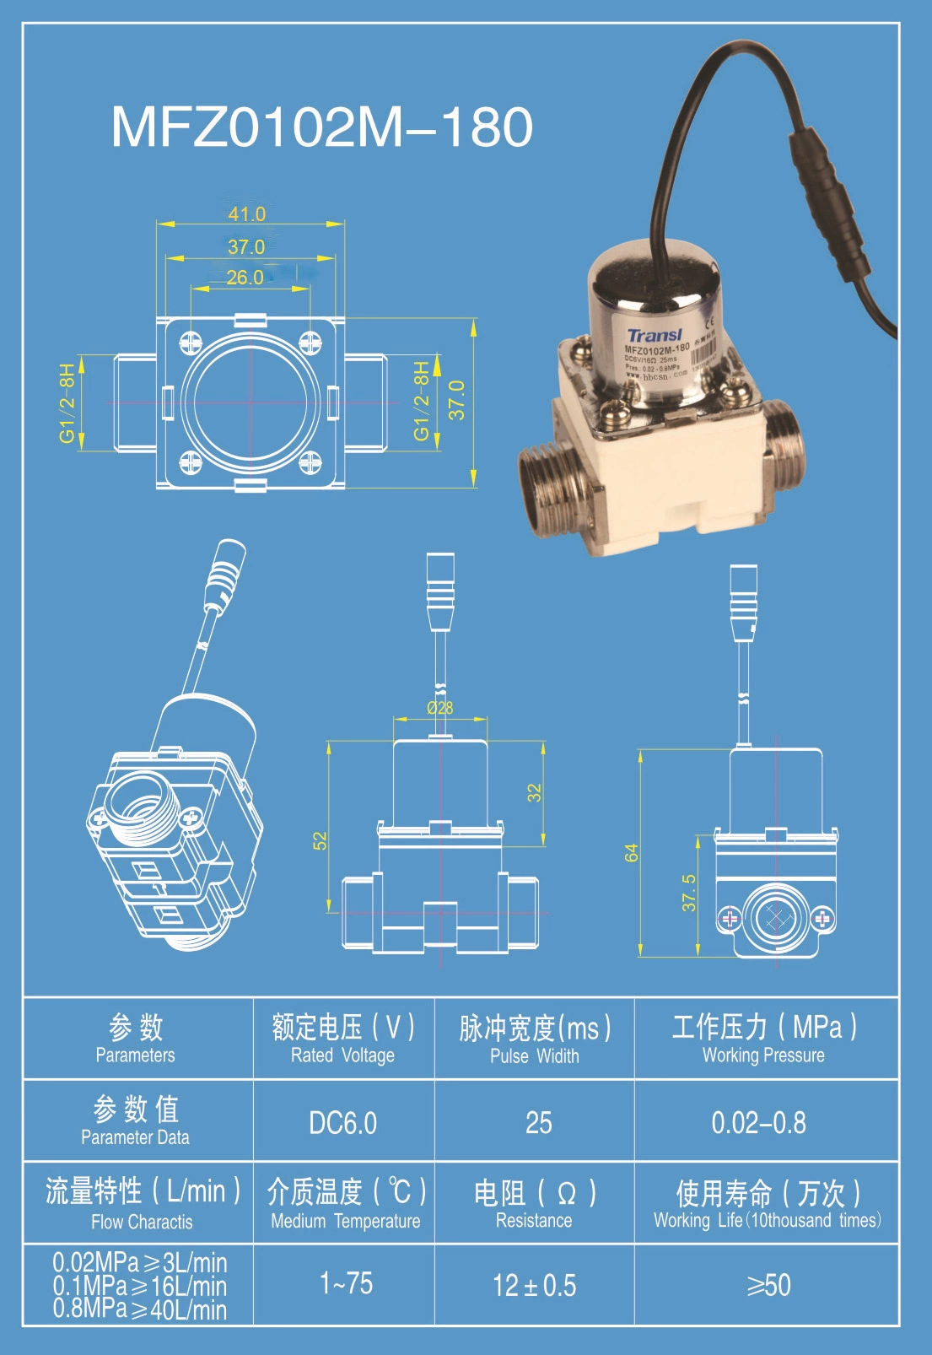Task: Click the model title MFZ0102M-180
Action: click(321, 127)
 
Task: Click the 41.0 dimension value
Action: click(246, 214)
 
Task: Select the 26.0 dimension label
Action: click(245, 278)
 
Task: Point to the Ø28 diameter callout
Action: click(439, 708)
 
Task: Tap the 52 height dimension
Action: click(320, 841)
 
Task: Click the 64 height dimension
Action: click(631, 853)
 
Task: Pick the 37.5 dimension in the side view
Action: click(689, 893)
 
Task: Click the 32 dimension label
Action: click(535, 792)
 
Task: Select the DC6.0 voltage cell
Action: click(342, 1123)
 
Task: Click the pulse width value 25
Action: click(538, 1123)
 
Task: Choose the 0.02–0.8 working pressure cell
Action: click(758, 1123)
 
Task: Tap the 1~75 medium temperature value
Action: click(346, 1283)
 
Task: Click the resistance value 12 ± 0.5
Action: click(535, 1285)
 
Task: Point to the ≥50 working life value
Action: click(768, 1285)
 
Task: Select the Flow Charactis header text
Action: click(142, 1222)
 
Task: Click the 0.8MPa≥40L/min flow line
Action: click(140, 1309)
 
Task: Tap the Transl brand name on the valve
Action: click(655, 335)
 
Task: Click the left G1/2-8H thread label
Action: click(67, 403)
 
